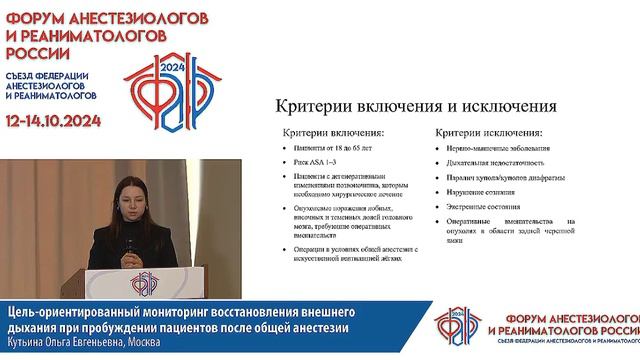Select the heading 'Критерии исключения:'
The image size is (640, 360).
(489, 132)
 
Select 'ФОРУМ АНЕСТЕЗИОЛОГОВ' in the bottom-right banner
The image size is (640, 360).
(544, 313)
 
